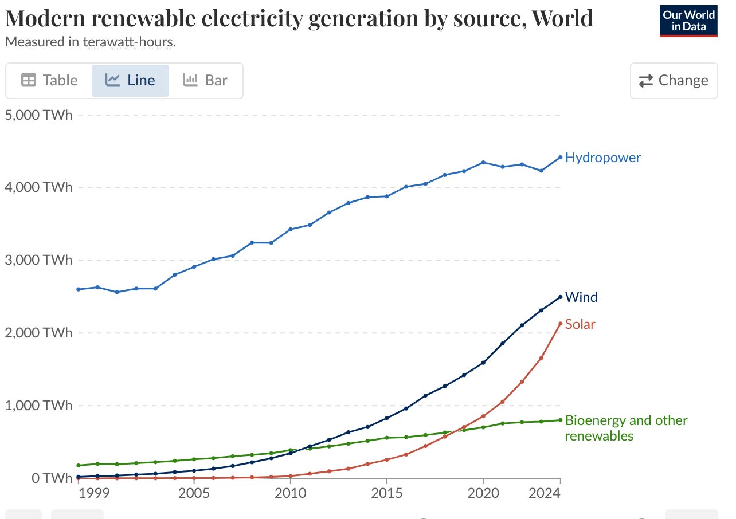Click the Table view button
pos(49,80)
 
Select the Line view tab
pos(130,80)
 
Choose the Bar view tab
pos(205,80)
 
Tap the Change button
pos(674,80)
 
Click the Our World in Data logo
pos(688,21)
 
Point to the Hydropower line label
pos(602,158)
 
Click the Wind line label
pos(581,297)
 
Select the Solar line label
pos(580,324)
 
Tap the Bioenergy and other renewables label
pos(626,428)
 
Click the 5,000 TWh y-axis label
pos(38,115)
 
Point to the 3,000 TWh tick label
pos(38,260)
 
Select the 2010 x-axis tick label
pos(290,494)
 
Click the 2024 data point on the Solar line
pos(560,324)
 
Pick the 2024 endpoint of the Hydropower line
pos(560,157)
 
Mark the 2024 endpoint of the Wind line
pos(560,297)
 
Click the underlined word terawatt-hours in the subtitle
pos(128,42)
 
